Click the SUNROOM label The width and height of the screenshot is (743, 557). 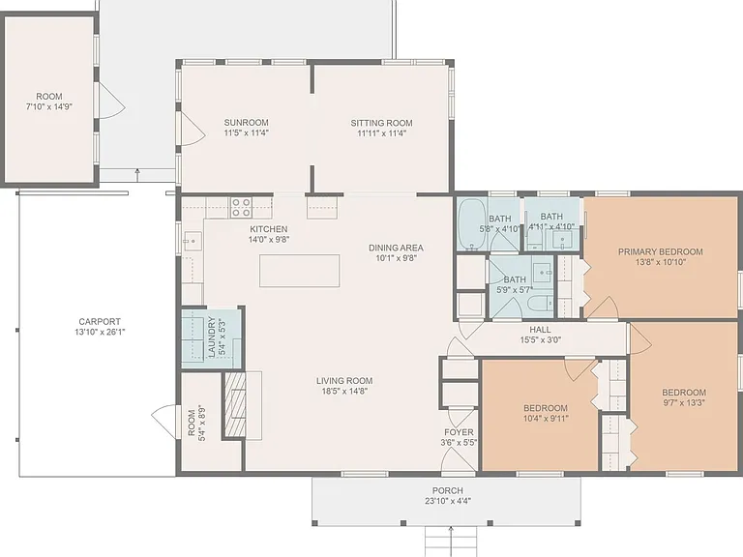point(247,122)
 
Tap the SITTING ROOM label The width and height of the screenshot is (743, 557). point(381,123)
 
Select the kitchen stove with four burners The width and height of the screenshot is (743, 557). point(241,208)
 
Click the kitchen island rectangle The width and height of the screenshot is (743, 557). point(300,271)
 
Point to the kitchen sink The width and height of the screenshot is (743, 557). point(193,241)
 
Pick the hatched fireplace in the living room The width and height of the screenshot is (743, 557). point(235,404)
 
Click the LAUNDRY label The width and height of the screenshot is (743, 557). point(212,337)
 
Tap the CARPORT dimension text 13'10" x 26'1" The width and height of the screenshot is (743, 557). point(100,332)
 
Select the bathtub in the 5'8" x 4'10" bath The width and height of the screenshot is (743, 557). point(471,224)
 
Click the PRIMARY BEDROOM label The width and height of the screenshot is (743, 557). point(661,251)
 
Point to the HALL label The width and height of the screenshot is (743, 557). point(540,329)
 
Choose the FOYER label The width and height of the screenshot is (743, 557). point(459,432)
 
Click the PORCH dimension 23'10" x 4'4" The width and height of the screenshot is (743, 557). point(448,501)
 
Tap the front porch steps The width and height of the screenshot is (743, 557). point(451,542)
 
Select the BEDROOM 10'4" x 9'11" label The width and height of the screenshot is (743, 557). point(546,408)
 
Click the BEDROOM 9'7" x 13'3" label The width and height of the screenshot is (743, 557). point(684,393)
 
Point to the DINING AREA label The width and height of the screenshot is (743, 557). point(396,248)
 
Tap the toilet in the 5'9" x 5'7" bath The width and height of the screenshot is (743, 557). point(543,302)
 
